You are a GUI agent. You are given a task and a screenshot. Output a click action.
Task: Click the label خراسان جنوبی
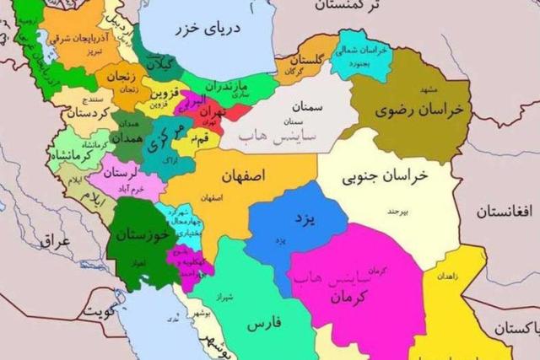pyautogui.click(x=386, y=177)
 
